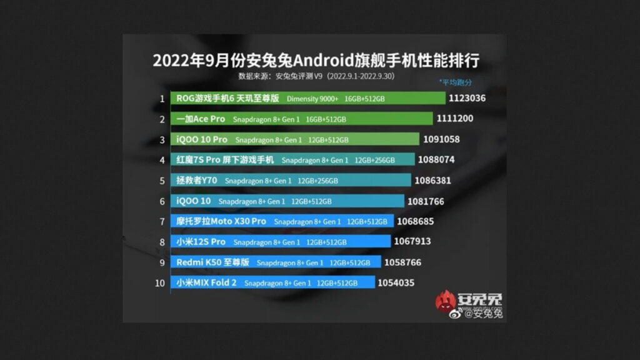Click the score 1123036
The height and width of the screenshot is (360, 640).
tap(467, 98)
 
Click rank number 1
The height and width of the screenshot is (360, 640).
tap(162, 98)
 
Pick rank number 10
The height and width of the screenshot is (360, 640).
tap(160, 282)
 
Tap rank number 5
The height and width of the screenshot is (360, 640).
tap(162, 180)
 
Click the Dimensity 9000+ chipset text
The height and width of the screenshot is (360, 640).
tap(312, 99)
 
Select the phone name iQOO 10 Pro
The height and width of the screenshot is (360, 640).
tap(202, 139)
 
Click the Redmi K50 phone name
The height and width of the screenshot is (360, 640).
tap(212, 262)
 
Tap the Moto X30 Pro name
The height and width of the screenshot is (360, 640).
tap(221, 221)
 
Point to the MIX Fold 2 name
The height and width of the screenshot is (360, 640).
tap(206, 282)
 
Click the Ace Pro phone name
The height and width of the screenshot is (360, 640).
tap(201, 119)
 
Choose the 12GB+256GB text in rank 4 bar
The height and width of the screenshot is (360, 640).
tap(374, 160)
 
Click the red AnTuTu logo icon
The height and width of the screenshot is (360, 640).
tap(446, 302)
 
